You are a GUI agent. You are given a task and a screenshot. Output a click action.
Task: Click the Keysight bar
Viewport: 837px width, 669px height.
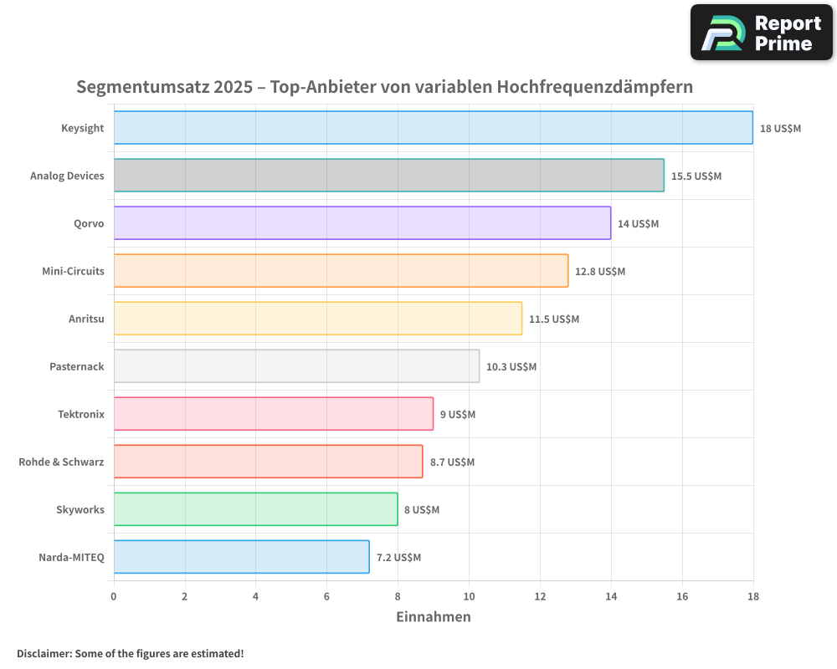pos(433,128)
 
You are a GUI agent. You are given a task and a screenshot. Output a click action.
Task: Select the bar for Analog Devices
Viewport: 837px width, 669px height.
pos(388,176)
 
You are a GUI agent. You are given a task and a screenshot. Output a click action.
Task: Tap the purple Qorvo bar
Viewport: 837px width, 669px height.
pos(362,223)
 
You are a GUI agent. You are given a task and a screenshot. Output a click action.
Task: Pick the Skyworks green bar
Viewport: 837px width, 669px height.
pos(255,509)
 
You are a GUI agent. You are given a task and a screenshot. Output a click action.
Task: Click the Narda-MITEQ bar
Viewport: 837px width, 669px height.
pos(241,557)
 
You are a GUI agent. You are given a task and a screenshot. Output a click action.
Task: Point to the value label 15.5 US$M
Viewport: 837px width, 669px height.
pos(696,176)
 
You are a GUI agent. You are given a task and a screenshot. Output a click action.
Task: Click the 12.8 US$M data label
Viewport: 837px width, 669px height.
pos(599,272)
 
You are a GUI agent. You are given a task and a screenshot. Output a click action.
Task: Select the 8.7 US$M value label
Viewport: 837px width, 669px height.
pos(452,462)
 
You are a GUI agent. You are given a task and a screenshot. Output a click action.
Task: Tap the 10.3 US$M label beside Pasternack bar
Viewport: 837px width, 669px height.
pos(511,367)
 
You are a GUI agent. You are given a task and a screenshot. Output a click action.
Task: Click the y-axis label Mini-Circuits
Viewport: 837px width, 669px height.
pos(73,271)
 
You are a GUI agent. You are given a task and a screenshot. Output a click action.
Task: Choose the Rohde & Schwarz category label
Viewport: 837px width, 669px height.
pos(61,462)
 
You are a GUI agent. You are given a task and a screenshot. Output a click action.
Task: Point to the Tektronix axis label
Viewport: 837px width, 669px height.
pos(80,414)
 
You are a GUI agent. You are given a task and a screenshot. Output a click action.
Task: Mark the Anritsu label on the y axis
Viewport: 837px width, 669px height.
pos(86,319)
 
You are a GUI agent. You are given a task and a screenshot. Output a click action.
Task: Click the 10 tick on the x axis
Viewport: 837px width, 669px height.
pos(469,596)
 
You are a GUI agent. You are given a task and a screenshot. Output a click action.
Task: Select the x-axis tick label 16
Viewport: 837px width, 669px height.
pos(682,596)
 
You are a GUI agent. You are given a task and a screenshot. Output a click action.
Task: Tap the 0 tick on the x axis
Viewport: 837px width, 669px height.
pos(114,596)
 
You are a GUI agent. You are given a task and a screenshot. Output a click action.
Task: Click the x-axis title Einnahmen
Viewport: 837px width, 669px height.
pos(433,617)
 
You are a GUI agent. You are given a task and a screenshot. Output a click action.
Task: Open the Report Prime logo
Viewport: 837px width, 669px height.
pos(762,33)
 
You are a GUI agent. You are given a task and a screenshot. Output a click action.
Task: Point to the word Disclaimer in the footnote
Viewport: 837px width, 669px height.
pos(44,653)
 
